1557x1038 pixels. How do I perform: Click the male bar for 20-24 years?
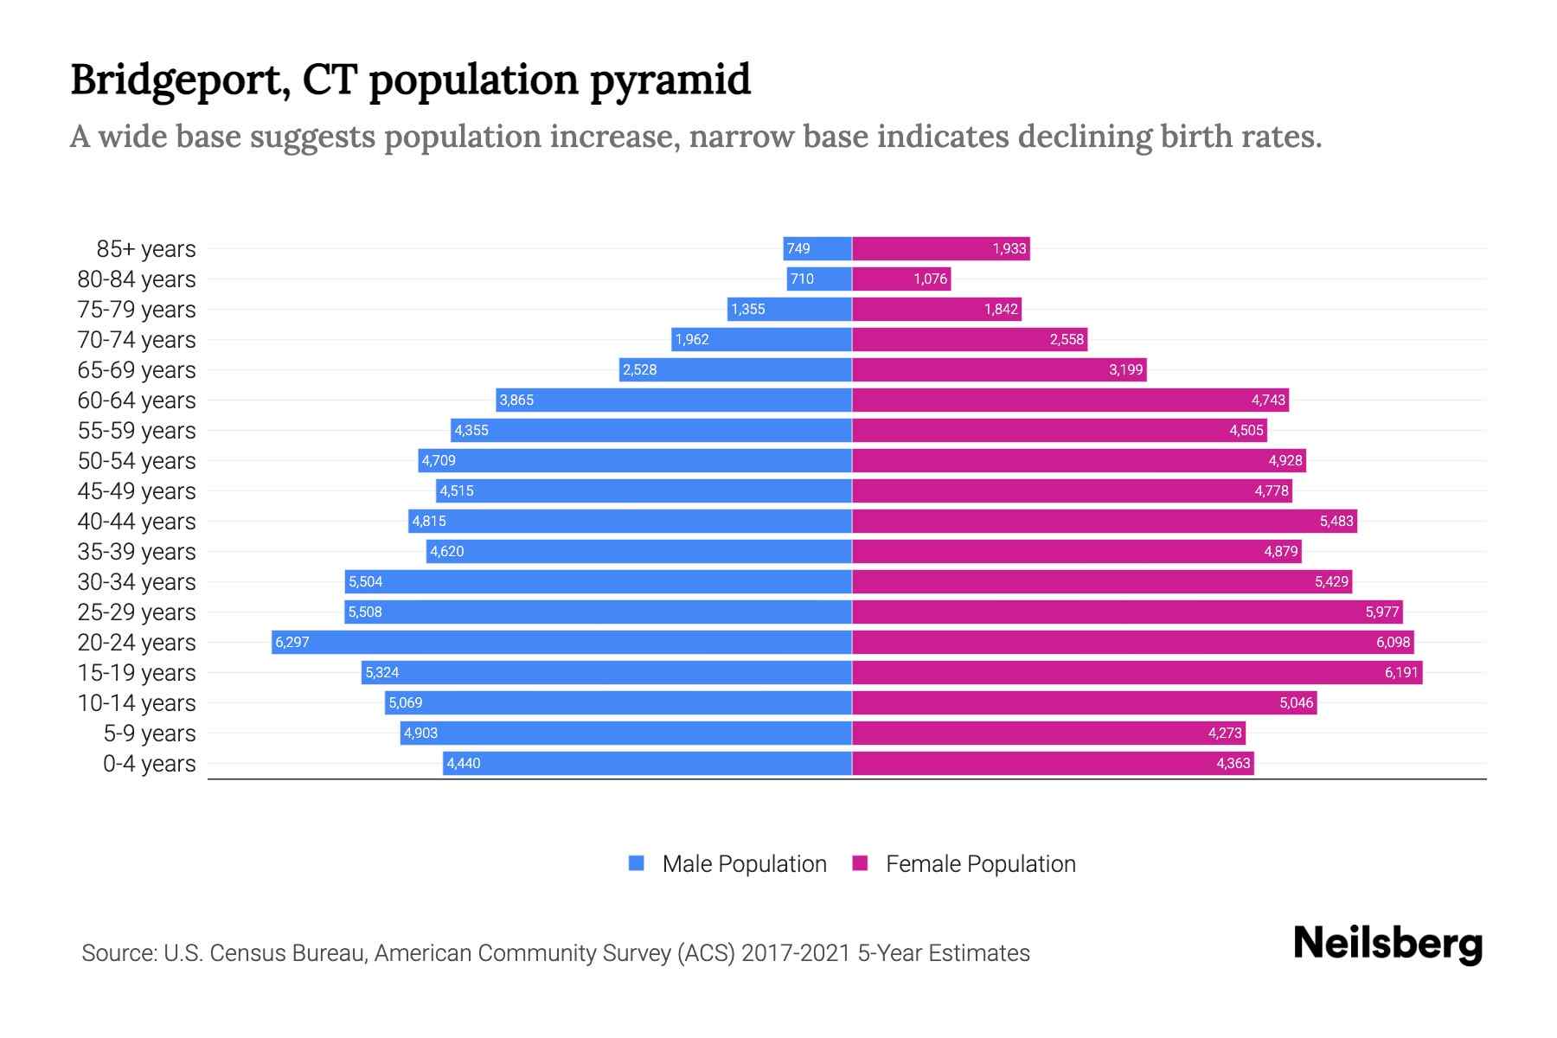(x=562, y=642)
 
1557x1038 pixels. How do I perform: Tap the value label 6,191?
(x=1401, y=672)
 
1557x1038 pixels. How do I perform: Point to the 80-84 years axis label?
(x=137, y=279)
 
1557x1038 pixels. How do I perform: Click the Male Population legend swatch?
(x=637, y=863)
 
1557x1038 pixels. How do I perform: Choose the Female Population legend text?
(x=980, y=863)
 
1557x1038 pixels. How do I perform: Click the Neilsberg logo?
(x=1387, y=943)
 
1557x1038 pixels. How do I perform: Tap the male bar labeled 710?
(x=819, y=279)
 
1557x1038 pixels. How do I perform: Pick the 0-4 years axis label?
(x=149, y=764)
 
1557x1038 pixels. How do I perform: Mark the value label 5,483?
(x=1336, y=521)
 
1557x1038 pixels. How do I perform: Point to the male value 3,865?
(x=516, y=400)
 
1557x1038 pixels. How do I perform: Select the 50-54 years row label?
(x=137, y=461)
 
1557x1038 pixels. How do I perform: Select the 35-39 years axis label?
(x=137, y=552)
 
